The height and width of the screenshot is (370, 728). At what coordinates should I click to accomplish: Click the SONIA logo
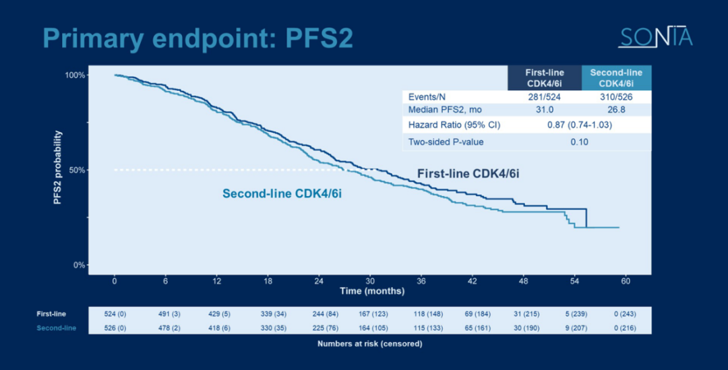click(655, 38)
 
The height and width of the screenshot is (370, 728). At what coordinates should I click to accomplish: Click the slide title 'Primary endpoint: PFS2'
click(198, 38)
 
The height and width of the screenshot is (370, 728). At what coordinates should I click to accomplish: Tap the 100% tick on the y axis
click(75, 75)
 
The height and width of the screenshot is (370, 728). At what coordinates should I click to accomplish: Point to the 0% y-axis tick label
click(78, 265)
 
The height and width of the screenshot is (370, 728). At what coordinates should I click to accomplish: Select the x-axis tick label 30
click(369, 280)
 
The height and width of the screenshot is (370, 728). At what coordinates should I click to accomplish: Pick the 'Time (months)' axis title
click(372, 291)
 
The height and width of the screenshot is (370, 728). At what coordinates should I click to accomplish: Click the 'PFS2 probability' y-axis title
click(58, 171)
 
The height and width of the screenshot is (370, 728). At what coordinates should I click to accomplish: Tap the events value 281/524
click(545, 97)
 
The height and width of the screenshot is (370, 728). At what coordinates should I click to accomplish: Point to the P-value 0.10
click(580, 142)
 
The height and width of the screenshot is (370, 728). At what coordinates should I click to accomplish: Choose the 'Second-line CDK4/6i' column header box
click(615, 78)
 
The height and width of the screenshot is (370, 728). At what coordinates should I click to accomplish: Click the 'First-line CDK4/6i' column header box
click(545, 78)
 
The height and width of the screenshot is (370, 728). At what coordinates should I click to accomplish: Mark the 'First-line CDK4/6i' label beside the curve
click(468, 173)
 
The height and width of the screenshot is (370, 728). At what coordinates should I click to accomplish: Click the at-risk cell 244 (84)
click(319, 313)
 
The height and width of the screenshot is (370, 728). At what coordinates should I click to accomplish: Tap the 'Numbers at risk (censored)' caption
click(369, 344)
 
